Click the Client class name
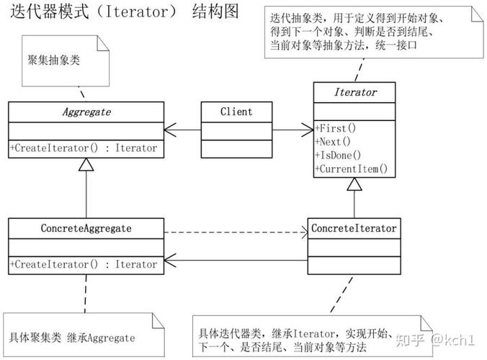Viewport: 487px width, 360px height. (x=236, y=112)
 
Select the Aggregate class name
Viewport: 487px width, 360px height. (x=85, y=112)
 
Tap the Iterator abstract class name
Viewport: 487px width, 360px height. (x=354, y=93)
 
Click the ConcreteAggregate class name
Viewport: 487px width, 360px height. (x=86, y=228)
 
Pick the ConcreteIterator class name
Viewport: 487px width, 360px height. (x=354, y=228)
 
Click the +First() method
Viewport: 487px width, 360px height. (x=336, y=128)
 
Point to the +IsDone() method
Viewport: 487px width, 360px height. (x=338, y=156)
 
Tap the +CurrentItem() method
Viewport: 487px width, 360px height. (x=351, y=169)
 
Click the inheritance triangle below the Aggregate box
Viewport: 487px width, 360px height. (x=86, y=165)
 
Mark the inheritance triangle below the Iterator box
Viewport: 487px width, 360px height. (x=354, y=185)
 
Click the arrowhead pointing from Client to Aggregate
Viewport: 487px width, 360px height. (x=170, y=130)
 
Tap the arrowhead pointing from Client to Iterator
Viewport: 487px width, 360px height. (x=307, y=130)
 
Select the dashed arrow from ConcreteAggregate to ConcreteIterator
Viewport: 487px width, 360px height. (x=234, y=233)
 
